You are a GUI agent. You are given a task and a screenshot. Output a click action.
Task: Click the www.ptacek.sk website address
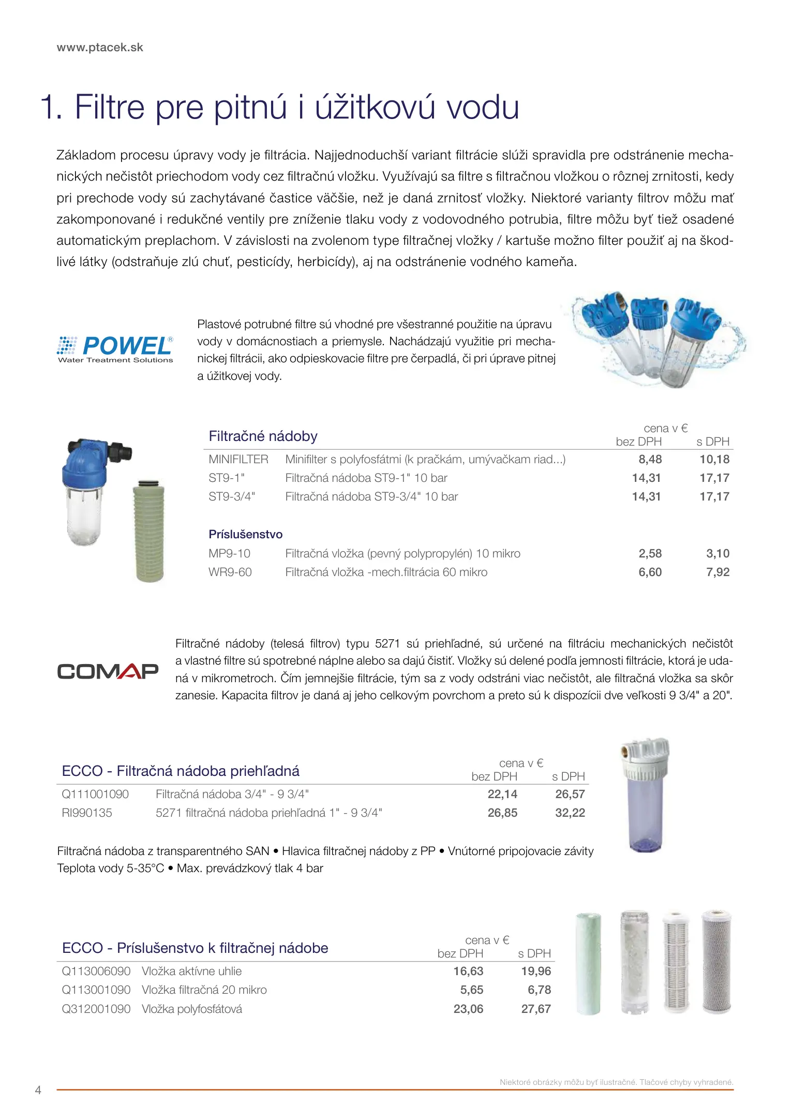tap(100, 48)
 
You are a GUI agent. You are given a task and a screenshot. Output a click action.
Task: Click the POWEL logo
tap(115, 348)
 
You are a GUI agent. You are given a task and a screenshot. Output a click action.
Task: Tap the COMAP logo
tap(108, 671)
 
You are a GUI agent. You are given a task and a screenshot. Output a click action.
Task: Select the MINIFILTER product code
tap(238, 459)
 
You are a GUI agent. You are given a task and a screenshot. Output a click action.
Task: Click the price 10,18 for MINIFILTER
tap(714, 459)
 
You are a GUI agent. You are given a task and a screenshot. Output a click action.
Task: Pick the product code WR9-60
tap(230, 572)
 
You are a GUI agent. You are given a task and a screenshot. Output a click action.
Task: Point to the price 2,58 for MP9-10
tap(650, 553)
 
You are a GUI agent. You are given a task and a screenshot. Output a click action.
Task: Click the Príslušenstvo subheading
tap(246, 534)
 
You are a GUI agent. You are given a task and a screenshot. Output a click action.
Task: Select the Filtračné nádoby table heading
tap(263, 436)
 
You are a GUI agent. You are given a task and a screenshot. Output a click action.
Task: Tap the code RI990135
tap(87, 813)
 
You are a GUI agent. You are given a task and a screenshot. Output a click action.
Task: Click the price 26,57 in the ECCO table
tap(570, 794)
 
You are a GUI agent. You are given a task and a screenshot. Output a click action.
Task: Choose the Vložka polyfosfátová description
tap(192, 1009)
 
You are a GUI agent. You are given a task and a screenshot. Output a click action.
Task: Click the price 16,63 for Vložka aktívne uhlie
tap(468, 971)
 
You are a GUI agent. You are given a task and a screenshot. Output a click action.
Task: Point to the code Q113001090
tap(96, 990)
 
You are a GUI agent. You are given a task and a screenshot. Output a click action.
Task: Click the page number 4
tap(38, 1090)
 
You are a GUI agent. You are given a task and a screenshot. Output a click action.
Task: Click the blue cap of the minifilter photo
tap(85, 463)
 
